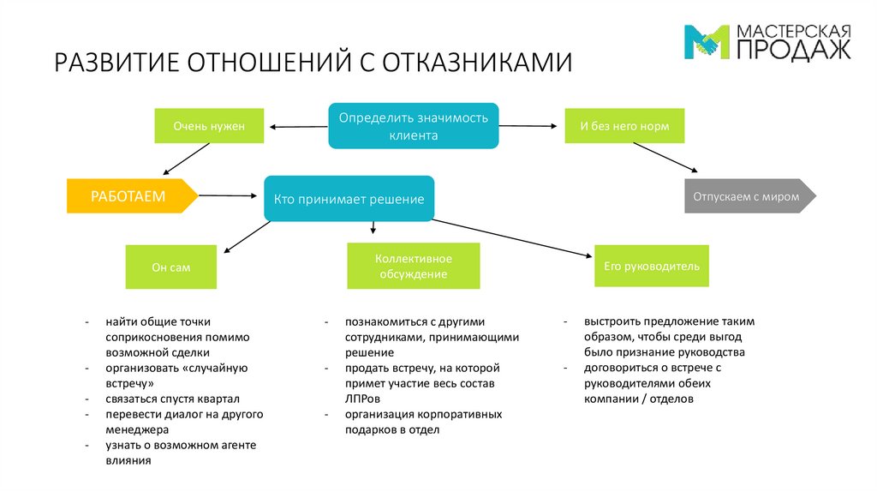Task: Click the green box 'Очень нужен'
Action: click(209, 126)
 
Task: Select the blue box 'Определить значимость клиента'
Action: click(414, 126)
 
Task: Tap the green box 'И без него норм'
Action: click(624, 126)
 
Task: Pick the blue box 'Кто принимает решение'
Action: click(349, 199)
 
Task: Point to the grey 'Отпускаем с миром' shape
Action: click(750, 196)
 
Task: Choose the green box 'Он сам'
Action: click(170, 267)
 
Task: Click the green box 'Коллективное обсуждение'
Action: click(414, 266)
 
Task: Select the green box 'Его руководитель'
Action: click(652, 266)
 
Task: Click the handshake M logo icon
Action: click(707, 41)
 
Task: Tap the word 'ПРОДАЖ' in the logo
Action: click(794, 49)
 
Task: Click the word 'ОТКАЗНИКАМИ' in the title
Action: click(477, 62)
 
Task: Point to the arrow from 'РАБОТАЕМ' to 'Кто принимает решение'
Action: click(228, 195)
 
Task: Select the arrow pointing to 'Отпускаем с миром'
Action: click(665, 157)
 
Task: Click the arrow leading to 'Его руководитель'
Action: click(512, 238)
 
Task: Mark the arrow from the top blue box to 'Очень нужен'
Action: click(299, 127)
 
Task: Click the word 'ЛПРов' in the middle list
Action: click(362, 399)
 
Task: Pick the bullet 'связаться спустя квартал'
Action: click(172, 399)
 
